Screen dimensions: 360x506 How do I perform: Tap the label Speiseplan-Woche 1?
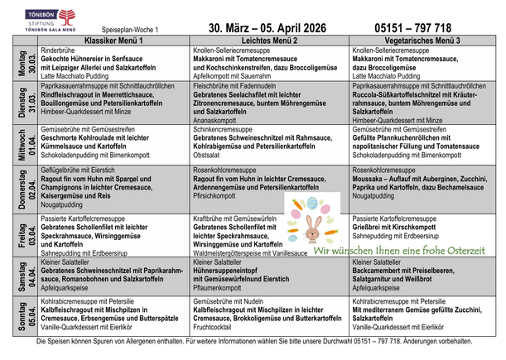point(122,29)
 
